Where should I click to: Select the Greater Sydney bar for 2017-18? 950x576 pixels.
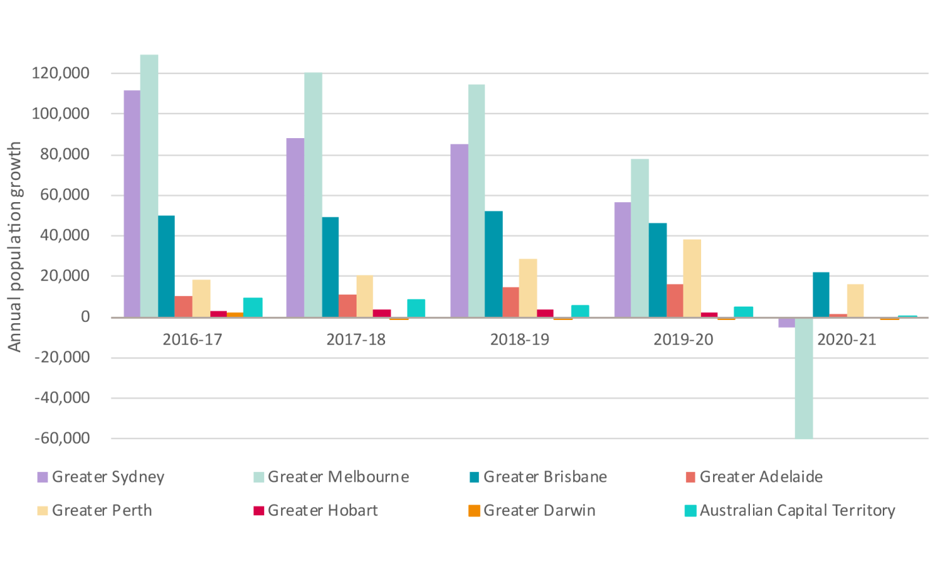click(295, 227)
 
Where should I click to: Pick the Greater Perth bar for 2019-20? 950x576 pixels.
click(692, 278)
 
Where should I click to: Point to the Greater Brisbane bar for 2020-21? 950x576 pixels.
click(821, 295)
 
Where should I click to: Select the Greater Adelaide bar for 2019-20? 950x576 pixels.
click(675, 300)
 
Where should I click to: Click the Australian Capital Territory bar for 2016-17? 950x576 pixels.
click(253, 307)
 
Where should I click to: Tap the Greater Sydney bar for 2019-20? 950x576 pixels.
click(623, 260)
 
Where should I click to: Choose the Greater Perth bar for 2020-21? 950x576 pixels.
click(856, 300)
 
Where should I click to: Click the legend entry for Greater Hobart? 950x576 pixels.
click(315, 511)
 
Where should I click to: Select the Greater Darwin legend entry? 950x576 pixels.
click(532, 511)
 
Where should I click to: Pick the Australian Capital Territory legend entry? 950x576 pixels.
click(790, 511)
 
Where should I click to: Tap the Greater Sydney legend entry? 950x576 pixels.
click(101, 477)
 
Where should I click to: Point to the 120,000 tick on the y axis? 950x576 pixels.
click(61, 74)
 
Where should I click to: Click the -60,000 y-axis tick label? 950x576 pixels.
click(62, 438)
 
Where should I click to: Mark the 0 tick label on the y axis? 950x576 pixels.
click(85, 317)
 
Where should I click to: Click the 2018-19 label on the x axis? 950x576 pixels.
click(520, 340)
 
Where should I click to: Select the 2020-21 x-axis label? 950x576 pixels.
click(847, 340)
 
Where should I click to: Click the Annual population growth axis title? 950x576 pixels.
click(15, 246)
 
